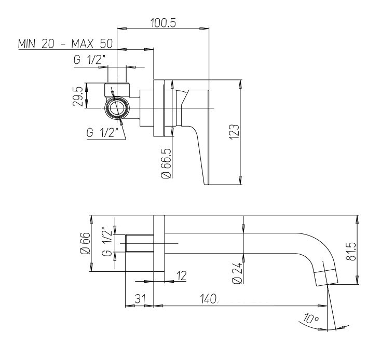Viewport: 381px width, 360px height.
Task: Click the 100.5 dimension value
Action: [x=163, y=23]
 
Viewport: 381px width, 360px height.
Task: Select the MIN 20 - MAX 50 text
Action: [x=65, y=44]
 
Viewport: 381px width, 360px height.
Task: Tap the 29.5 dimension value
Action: [x=78, y=96]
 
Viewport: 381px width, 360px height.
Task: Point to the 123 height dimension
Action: [x=235, y=132]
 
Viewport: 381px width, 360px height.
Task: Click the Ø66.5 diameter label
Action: [x=166, y=163]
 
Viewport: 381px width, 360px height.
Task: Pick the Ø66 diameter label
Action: [x=85, y=243]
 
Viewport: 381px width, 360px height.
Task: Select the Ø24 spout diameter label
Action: [x=237, y=273]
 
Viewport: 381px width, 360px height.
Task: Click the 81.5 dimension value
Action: [x=351, y=251]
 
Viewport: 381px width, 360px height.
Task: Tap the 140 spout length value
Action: [x=208, y=299]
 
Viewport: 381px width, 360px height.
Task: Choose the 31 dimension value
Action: [x=140, y=299]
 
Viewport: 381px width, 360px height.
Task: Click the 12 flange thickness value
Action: [x=181, y=275]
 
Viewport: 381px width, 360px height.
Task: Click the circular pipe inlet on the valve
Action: [x=117, y=108]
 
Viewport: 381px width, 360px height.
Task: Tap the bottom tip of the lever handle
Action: [x=206, y=184]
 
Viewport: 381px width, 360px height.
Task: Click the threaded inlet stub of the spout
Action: [x=140, y=243]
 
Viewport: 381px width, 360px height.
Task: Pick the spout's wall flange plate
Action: [x=159, y=243]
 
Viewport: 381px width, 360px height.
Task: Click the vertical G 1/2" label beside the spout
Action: [x=107, y=242]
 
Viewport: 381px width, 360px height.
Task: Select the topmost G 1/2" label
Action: [x=90, y=60]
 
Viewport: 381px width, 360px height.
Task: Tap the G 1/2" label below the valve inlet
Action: [x=102, y=133]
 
